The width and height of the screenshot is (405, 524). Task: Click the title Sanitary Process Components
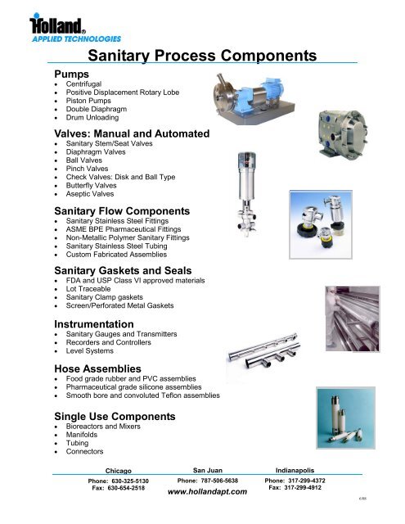click(x=201, y=56)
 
